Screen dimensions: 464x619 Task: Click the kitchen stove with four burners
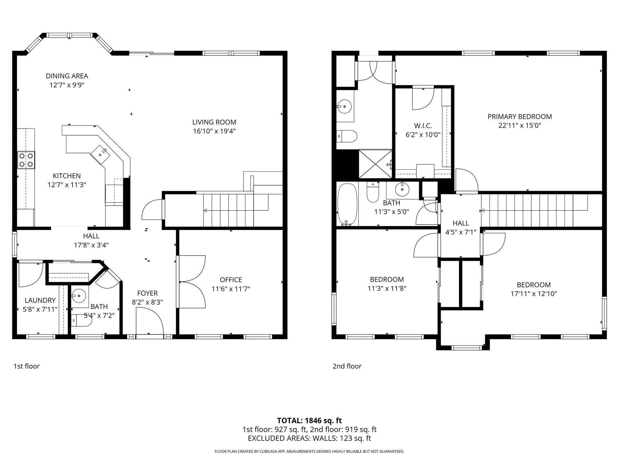pos(26,160)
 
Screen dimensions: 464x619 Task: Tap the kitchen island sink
pos(100,154)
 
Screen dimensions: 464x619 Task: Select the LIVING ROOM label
pos(214,122)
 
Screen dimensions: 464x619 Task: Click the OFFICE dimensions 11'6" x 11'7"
pos(231,289)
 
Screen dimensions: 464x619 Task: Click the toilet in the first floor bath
pos(81,321)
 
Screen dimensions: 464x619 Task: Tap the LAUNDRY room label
pos(40,300)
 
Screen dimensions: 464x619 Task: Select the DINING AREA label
pos(67,76)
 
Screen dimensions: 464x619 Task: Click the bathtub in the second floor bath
pos(347,204)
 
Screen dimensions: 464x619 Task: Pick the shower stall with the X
pos(375,164)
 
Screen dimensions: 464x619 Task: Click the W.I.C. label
pos(423,126)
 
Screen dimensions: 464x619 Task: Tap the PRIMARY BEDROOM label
pos(520,117)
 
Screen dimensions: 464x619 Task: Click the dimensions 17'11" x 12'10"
pos(534,294)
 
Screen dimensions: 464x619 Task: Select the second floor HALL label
pos(461,223)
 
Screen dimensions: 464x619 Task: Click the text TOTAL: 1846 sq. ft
pos(309,420)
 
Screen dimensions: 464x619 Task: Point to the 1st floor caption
pos(26,366)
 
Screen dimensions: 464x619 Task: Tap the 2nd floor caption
pos(347,366)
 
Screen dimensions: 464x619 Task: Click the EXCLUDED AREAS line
pos(309,438)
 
